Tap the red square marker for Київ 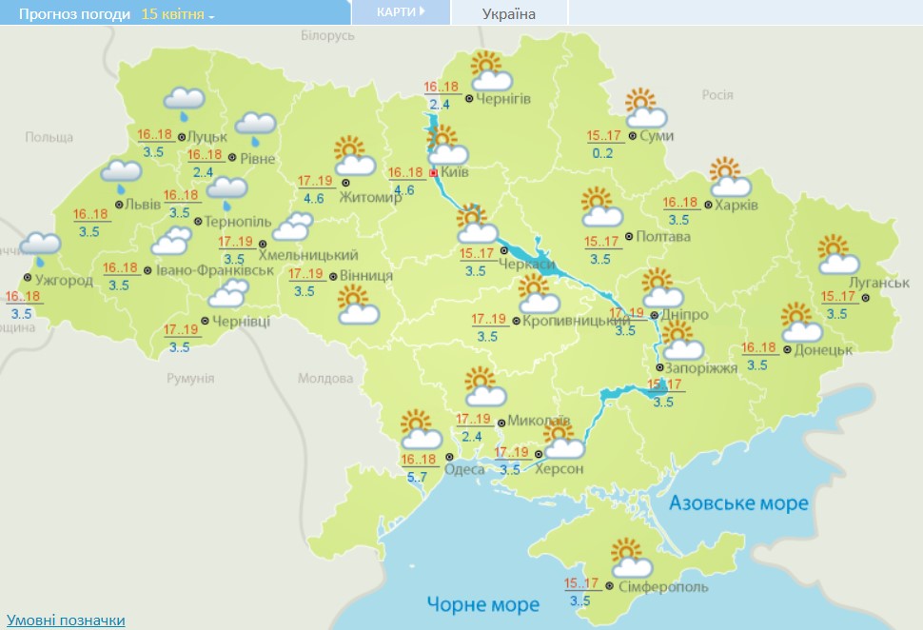(434, 173)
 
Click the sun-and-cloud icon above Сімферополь (631, 559)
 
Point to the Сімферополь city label (663, 587)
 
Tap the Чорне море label (482, 603)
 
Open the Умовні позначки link (66, 620)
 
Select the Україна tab (509, 13)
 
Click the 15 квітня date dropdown (178, 14)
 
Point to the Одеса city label (464, 468)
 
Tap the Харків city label (737, 206)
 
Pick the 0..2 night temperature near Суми (601, 154)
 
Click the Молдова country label (324, 378)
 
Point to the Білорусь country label (327, 35)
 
